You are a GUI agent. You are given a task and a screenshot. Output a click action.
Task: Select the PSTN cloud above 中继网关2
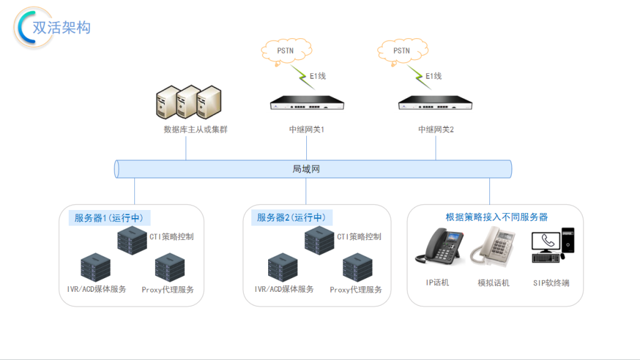click(401, 51)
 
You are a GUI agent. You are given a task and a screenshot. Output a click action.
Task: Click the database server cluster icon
click(188, 101)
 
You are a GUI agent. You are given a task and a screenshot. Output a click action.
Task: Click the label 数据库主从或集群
click(191, 130)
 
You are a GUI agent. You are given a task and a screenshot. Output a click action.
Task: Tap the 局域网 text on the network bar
click(306, 169)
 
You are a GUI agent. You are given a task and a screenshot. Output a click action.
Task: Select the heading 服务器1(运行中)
click(109, 217)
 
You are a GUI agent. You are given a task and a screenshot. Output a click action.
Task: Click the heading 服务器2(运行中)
click(291, 217)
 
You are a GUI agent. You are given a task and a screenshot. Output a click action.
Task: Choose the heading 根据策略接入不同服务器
click(496, 217)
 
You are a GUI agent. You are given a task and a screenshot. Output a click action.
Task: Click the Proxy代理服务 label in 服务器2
click(356, 290)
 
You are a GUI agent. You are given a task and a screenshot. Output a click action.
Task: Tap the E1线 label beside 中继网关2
click(434, 76)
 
